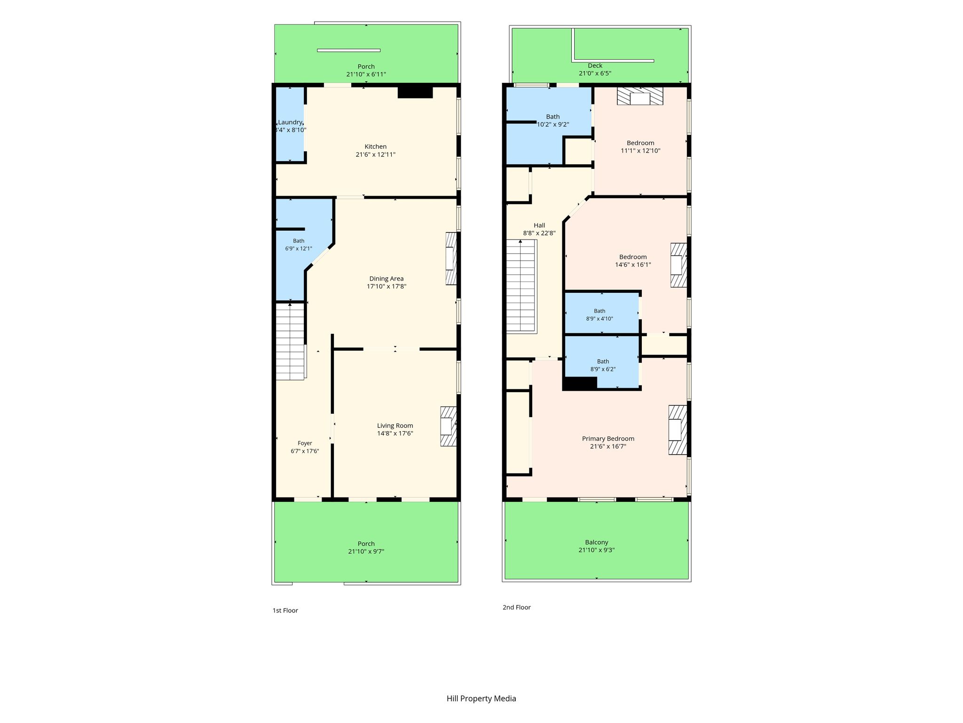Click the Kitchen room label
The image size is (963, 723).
pos(376,146)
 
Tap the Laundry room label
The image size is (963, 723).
pos(290,122)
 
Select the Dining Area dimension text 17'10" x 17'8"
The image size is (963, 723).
pos(387,286)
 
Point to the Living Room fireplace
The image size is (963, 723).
pos(448,426)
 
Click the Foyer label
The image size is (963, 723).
pos(305,443)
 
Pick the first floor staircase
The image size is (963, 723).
pos(290,341)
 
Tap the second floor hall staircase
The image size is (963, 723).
pos(521,286)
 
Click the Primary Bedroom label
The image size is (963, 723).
pos(608,439)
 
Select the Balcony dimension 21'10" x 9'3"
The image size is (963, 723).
pos(597,550)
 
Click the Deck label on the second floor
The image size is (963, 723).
pos(595,65)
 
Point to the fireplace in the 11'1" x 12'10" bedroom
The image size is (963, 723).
pos(640,96)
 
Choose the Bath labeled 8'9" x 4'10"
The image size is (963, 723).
pos(600,314)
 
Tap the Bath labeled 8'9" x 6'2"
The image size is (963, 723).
pos(603,365)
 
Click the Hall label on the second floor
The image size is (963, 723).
pos(539,225)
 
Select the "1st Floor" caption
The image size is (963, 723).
pos(285,611)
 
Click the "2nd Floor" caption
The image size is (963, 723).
pos(516,607)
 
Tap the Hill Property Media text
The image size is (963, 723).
pos(481,699)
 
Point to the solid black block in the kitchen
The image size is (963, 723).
pos(415,92)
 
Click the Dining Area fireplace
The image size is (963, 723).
pos(451,258)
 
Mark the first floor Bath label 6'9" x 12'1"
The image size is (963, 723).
pos(299,245)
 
